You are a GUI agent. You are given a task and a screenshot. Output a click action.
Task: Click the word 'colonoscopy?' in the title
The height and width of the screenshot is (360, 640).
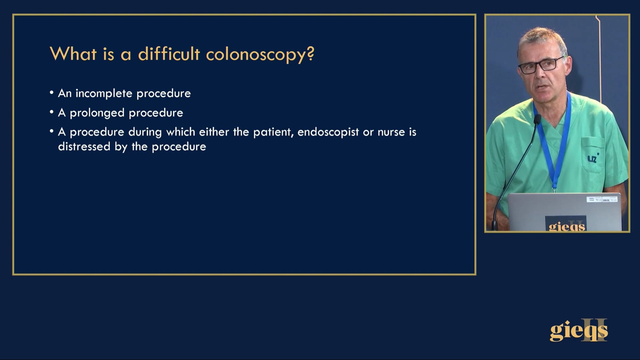[x=260, y=54]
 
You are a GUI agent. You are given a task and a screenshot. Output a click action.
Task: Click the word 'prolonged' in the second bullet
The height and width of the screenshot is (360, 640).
[x=97, y=113]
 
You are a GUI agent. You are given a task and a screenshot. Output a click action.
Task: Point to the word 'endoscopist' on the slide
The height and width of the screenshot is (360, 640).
[x=328, y=132]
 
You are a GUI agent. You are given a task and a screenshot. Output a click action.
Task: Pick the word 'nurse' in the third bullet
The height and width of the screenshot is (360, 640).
[x=391, y=132]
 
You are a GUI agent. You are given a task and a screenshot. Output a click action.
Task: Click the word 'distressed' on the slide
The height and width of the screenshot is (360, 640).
[x=84, y=146]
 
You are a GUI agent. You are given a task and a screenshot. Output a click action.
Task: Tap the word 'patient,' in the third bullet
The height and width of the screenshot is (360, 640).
[x=273, y=132]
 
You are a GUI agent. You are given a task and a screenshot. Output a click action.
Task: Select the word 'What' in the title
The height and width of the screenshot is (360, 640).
[x=73, y=54]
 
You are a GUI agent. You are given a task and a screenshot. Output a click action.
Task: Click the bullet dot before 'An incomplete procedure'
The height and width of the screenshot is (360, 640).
[x=51, y=93]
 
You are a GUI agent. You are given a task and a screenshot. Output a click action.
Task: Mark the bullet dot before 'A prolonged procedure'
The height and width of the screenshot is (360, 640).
[x=51, y=112]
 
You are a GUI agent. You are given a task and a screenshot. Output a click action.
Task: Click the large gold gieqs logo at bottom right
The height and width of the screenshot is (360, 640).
[x=579, y=330]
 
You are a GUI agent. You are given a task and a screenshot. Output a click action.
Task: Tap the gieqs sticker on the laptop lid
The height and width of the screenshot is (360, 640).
[x=566, y=223]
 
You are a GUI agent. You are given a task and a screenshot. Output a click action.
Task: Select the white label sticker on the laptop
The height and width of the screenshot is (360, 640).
[x=602, y=199]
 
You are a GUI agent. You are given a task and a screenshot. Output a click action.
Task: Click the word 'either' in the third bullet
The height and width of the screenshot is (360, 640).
[x=214, y=132]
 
